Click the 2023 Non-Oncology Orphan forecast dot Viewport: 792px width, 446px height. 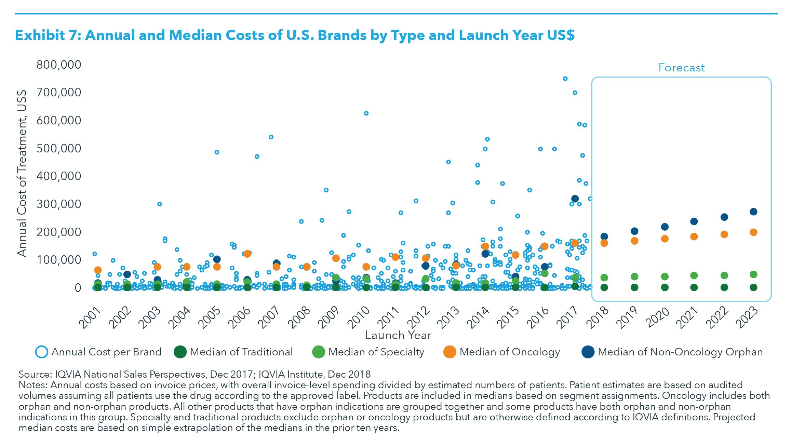[x=753, y=212]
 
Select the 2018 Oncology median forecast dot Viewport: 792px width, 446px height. [x=604, y=243]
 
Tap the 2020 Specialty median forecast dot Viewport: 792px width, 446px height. [x=665, y=276]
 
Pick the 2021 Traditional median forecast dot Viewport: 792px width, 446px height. [x=694, y=287]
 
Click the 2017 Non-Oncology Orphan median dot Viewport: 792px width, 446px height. [x=575, y=199]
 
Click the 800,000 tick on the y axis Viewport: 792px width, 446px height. [x=59, y=65]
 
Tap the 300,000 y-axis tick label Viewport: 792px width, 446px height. [x=59, y=204]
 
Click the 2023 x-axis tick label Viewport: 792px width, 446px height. [x=749, y=316]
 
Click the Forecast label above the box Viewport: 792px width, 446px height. [x=681, y=68]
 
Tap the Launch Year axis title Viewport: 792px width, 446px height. [x=398, y=335]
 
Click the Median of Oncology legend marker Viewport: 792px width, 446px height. [x=449, y=352]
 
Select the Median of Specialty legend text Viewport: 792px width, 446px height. [x=376, y=352]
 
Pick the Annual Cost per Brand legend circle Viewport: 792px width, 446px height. [x=42, y=352]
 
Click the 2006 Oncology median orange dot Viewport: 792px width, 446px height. [x=247, y=254]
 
